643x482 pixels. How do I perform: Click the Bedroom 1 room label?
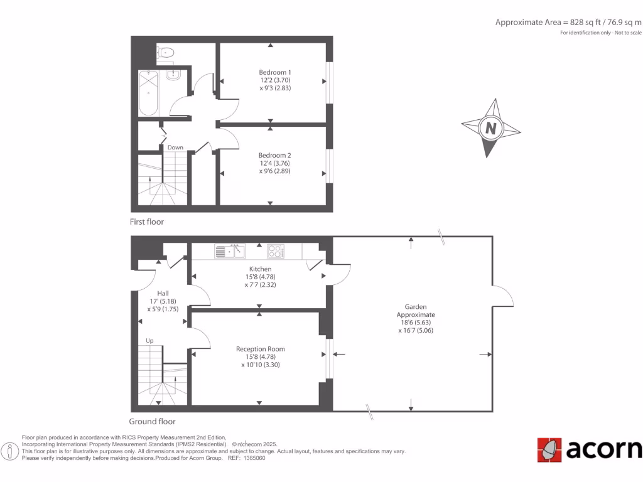pyautogui.click(x=275, y=72)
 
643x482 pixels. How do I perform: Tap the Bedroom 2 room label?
pyautogui.click(x=275, y=155)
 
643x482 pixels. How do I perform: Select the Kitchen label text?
pyautogui.click(x=260, y=269)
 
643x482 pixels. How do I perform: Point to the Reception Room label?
pyautogui.click(x=260, y=349)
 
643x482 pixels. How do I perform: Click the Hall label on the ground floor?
pyautogui.click(x=163, y=293)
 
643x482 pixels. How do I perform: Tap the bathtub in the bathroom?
pyautogui.click(x=148, y=93)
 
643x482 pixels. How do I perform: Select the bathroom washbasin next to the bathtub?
pyautogui.click(x=173, y=75)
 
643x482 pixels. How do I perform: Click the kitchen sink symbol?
pyautogui.click(x=230, y=252)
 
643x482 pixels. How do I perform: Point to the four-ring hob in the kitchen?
pyautogui.click(x=276, y=251)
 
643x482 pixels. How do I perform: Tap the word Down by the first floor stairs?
pyautogui.click(x=175, y=147)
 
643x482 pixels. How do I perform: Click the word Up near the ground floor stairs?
pyautogui.click(x=149, y=341)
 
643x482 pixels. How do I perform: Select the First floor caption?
pyautogui.click(x=146, y=222)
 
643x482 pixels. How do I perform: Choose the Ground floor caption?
pyautogui.click(x=152, y=422)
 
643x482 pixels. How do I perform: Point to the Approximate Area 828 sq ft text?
pyautogui.click(x=568, y=23)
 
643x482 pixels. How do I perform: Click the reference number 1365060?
pyautogui.click(x=254, y=458)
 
